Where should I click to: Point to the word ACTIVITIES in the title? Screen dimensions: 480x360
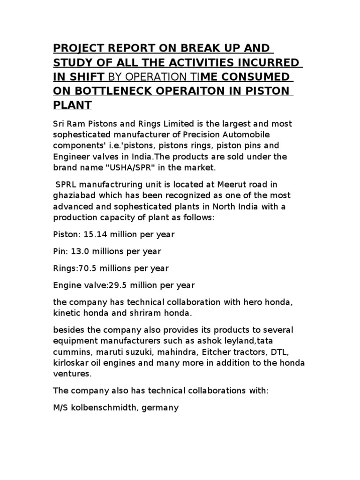187,62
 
